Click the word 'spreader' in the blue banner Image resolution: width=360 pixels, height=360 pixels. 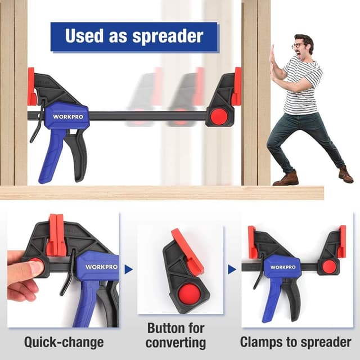coord(168,36)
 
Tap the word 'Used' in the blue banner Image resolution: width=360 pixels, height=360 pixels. coord(84,35)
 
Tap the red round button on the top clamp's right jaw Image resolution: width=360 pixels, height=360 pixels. coord(219,116)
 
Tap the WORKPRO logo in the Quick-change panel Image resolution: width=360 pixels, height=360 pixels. coord(101,267)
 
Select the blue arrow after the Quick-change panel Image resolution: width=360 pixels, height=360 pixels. coord(128,269)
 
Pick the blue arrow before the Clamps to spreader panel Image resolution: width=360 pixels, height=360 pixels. coord(232,269)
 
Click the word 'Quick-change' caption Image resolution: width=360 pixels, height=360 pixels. coord(64,343)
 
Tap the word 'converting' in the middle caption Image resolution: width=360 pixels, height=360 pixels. coord(175,343)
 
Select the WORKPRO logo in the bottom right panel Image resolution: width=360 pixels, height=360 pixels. coord(283,267)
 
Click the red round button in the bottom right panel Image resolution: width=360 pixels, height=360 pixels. coord(328,266)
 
